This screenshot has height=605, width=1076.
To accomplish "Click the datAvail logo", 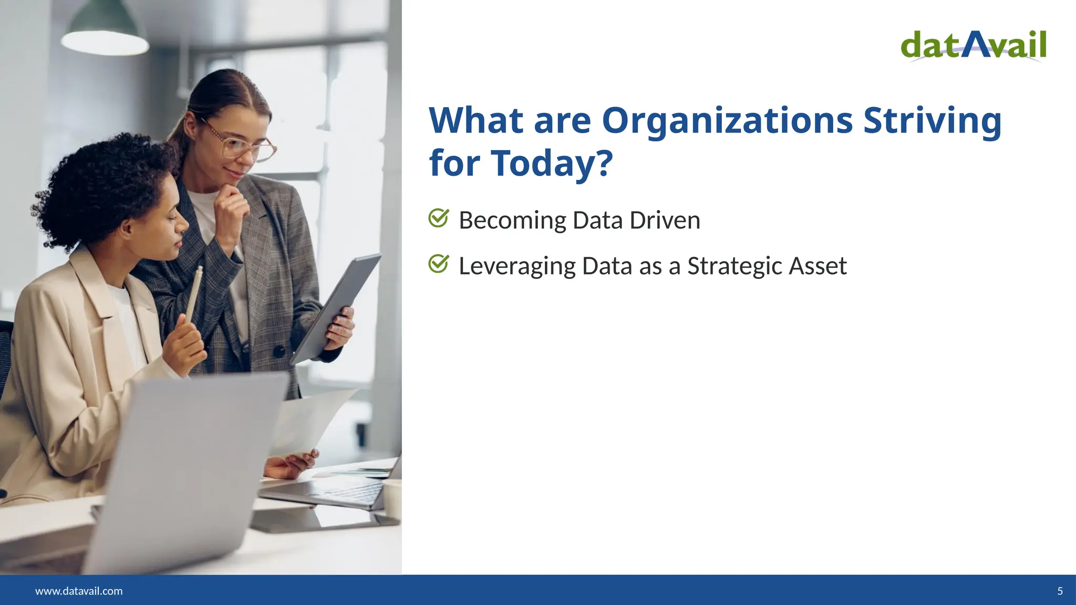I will pos(974,46).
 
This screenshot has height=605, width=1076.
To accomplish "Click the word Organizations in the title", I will pos(727,121).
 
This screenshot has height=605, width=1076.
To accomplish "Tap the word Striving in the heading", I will pos(933,121).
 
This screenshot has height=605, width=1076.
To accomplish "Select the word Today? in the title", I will pos(552,163).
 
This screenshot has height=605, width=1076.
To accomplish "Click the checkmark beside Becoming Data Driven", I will pos(438,218).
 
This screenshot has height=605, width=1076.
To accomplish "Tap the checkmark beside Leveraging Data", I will pos(438,264).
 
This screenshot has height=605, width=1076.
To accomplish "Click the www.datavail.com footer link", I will pos(79,591).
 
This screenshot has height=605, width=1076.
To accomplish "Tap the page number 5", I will pos(1060,591).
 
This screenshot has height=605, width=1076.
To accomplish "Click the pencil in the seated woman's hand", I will pos(193,294).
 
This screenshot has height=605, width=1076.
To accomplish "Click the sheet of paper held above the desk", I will pos(310,420).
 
